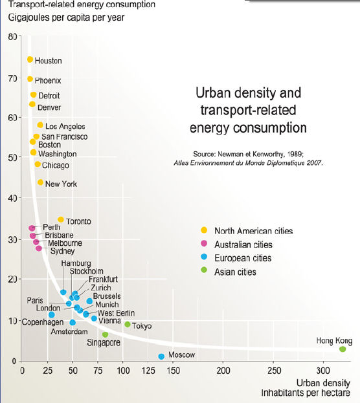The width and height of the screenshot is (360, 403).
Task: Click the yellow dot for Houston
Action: point(30,60)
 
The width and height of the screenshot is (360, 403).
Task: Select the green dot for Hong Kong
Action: point(343,349)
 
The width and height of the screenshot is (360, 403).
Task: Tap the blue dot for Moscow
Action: point(161,356)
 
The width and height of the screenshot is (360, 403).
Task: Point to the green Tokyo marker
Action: point(128,325)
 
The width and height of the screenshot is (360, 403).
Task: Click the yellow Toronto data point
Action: point(61,220)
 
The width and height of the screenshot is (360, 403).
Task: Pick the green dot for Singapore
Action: point(106,334)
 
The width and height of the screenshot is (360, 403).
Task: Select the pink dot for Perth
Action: point(32,228)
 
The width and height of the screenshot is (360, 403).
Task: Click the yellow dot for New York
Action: point(40,182)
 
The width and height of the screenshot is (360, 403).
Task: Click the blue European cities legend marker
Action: point(204,258)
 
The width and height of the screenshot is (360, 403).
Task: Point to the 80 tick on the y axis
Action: point(13,37)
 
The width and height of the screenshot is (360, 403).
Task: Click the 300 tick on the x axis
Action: point(324,371)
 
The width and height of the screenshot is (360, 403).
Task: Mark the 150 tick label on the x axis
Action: point(173,371)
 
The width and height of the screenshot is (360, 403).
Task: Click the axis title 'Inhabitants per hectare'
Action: point(309,393)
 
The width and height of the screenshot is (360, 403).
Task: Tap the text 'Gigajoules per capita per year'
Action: point(66,17)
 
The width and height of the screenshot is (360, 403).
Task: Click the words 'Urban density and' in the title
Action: point(249,93)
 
